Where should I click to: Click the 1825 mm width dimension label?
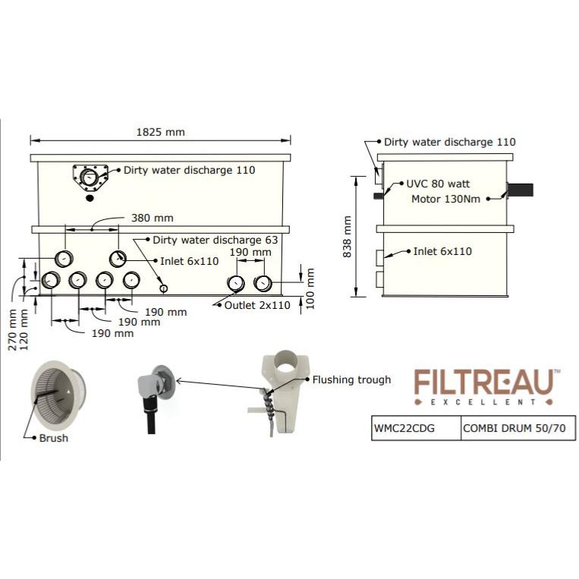(160, 131)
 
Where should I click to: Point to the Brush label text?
(54, 438)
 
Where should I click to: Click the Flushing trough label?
(352, 379)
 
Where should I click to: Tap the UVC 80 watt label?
(438, 184)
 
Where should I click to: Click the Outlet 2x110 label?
(257, 306)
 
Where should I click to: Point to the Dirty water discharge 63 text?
(216, 240)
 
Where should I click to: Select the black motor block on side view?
(521, 190)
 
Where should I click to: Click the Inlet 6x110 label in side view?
(442, 251)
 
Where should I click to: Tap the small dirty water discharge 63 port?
(163, 288)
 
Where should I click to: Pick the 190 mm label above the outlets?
(250, 253)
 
